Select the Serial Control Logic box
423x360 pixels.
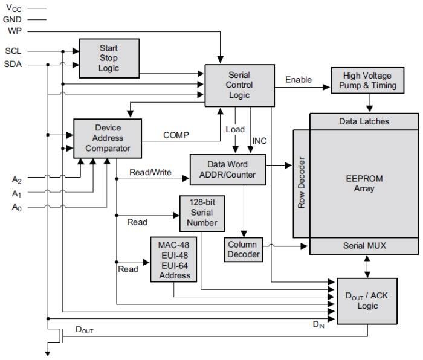(239, 85)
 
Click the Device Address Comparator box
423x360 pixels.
(108, 138)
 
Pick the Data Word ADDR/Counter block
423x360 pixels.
(227, 170)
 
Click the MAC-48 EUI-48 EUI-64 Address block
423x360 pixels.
(174, 259)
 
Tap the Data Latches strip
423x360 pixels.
(363, 121)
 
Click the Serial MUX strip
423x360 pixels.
(363, 246)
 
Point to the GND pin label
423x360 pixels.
(12, 19)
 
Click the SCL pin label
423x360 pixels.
(13, 51)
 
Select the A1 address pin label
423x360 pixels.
(17, 193)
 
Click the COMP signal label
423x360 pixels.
(176, 135)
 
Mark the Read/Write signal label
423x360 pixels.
(150, 172)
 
